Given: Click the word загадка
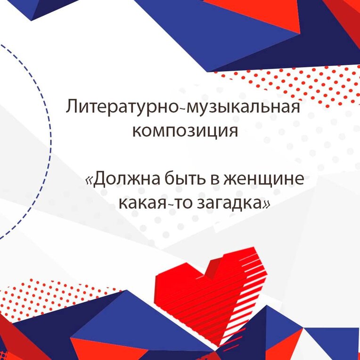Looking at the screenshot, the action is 229,204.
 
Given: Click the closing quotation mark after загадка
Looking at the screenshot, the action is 266,204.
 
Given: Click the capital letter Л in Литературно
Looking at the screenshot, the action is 72,107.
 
